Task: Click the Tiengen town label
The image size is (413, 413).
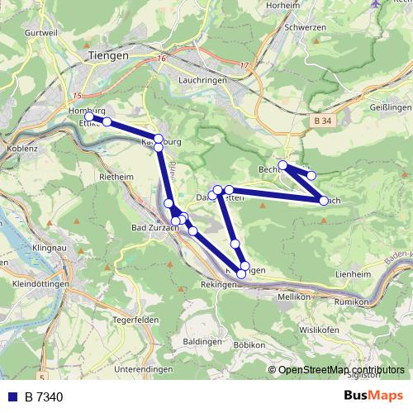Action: pyautogui.click(x=108, y=55)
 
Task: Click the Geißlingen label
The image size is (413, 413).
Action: pyautogui.click(x=390, y=108)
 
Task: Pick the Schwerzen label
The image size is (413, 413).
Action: pyautogui.click(x=306, y=26)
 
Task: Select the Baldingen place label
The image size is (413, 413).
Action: pyautogui.click(x=202, y=340)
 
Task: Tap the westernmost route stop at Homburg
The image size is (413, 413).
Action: pyautogui.click(x=89, y=117)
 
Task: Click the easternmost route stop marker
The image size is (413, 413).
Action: pyautogui.click(x=324, y=200)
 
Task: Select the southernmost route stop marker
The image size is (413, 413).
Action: pyautogui.click(x=242, y=273)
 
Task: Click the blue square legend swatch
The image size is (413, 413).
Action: pyautogui.click(x=12, y=397)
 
